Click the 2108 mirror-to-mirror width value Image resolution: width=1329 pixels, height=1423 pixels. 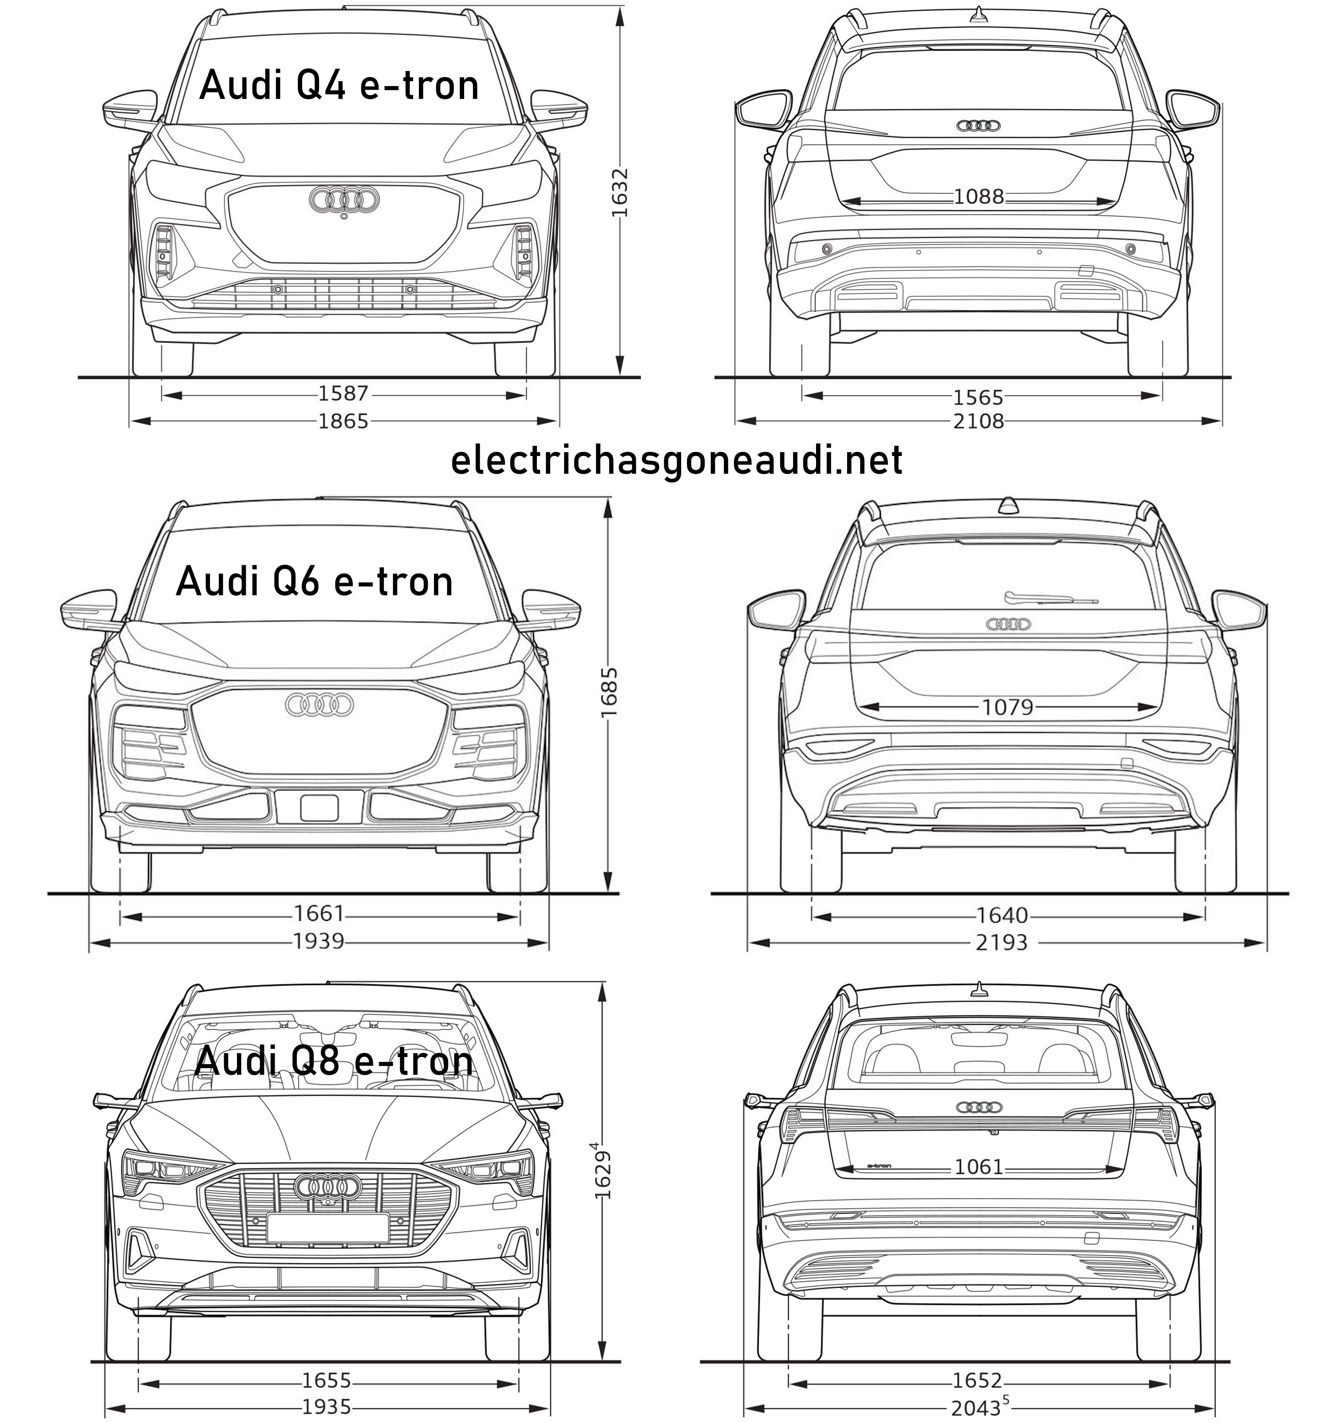coord(979,421)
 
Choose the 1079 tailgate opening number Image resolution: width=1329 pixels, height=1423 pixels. coord(1007,707)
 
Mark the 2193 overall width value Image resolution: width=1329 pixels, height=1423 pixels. coord(1001,943)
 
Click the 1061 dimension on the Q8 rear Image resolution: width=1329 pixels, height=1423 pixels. coord(979,1167)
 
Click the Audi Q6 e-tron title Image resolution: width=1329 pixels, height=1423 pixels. coord(314,581)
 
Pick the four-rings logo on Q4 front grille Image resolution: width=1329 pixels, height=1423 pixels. coord(344,200)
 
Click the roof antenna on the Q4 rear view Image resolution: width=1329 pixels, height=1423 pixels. coord(978,13)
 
